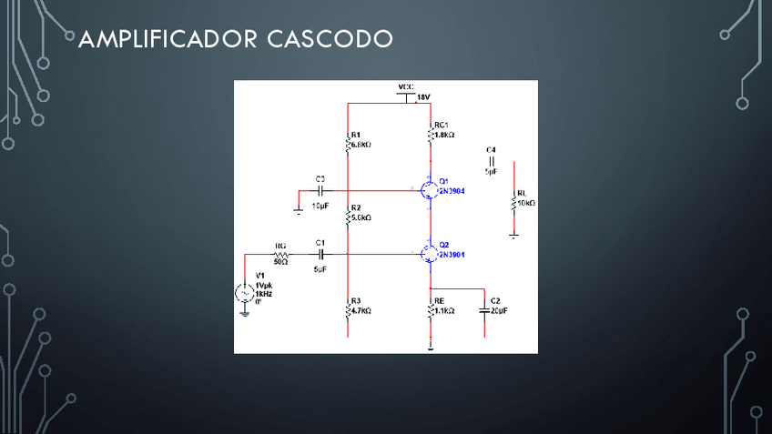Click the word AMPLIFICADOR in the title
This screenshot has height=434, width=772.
coord(168,39)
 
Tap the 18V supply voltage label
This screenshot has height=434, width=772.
coord(424,96)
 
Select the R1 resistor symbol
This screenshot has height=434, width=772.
coord(348,141)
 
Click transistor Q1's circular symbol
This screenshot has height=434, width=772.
coord(428,189)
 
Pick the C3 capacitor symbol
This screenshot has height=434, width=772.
coord(321,191)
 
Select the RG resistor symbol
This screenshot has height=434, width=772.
coord(280,257)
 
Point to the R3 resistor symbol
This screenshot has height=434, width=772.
coord(348,308)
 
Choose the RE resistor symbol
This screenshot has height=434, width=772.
coord(431,308)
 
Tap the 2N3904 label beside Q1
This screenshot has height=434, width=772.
coord(452,192)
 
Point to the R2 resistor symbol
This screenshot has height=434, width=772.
coord(348,215)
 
